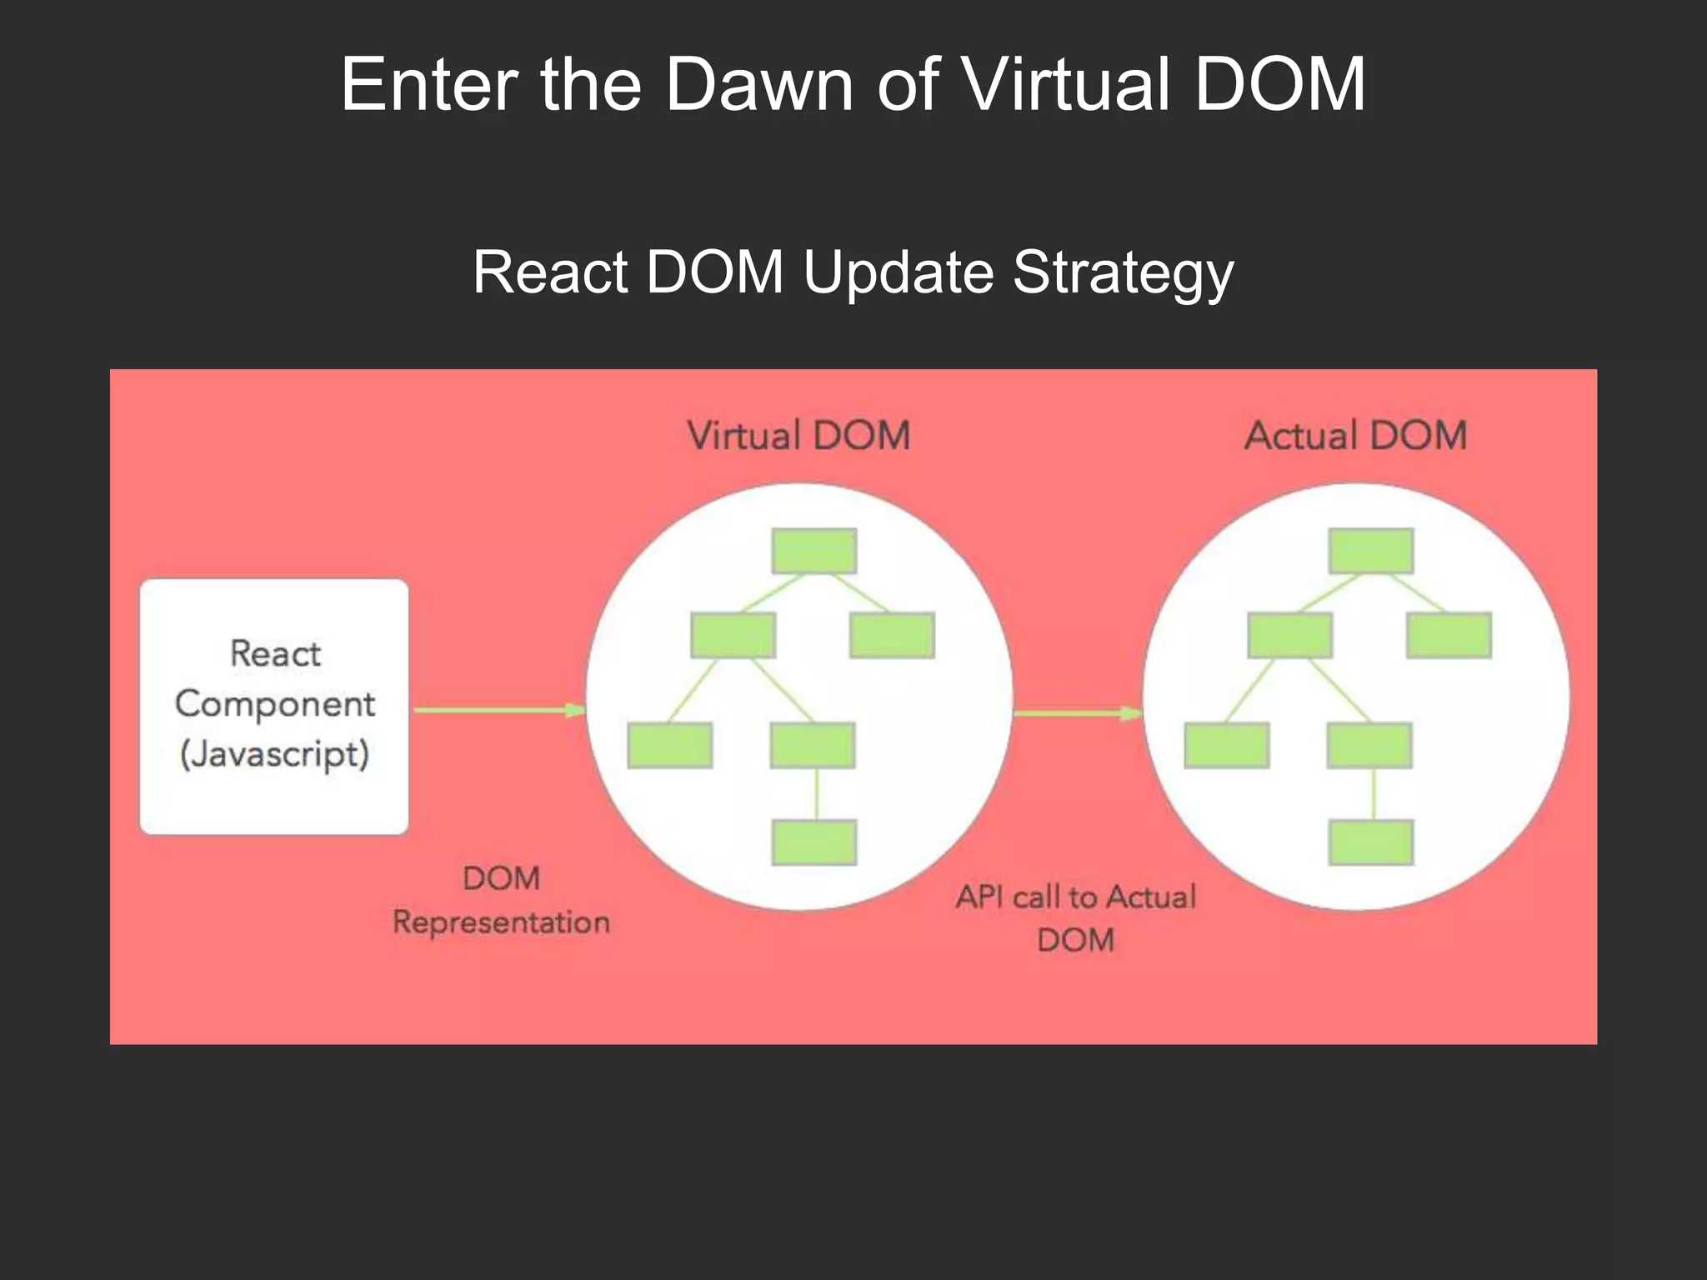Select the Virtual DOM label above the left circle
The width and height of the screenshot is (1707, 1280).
point(798,436)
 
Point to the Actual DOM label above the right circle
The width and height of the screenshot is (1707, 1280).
point(1355,436)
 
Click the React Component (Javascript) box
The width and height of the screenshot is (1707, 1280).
point(274,706)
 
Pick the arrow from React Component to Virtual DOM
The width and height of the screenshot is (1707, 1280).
point(499,710)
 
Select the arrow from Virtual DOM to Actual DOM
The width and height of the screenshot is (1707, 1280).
point(1077,713)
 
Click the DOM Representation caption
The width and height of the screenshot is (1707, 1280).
point(501,900)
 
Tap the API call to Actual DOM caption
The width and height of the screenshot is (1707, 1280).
point(1075,917)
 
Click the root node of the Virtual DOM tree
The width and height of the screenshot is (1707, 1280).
point(814,551)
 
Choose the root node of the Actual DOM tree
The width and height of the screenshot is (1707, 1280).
point(1371,551)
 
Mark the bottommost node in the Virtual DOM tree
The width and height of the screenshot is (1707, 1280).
point(814,842)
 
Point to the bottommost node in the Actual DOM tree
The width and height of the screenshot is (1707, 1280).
point(1371,842)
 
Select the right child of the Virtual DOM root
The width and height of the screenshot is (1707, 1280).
point(892,636)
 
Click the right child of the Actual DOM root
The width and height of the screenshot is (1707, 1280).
point(1449,636)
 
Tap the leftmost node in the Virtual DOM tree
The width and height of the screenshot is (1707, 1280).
point(670,745)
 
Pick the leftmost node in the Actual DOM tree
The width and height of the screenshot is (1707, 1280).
point(1227,745)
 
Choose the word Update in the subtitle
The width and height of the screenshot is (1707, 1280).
point(899,272)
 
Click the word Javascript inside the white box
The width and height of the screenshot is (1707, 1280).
point(274,754)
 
